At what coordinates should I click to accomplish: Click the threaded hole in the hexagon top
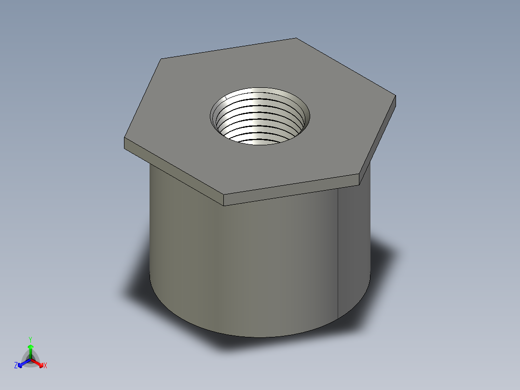tap(260, 116)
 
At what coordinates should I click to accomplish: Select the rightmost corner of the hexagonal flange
tap(396, 96)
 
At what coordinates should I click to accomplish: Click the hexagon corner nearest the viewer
tap(225, 195)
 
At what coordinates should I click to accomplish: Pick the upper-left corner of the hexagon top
tap(161, 59)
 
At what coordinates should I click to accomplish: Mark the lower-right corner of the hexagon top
tap(359, 174)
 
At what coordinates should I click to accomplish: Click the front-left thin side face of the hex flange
tap(174, 171)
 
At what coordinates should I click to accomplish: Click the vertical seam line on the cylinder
tap(338, 251)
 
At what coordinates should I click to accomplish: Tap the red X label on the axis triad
tap(45, 366)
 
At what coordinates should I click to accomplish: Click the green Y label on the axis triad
tap(30, 339)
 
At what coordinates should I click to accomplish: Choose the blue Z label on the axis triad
tap(16, 365)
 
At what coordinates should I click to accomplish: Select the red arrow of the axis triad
tap(39, 363)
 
